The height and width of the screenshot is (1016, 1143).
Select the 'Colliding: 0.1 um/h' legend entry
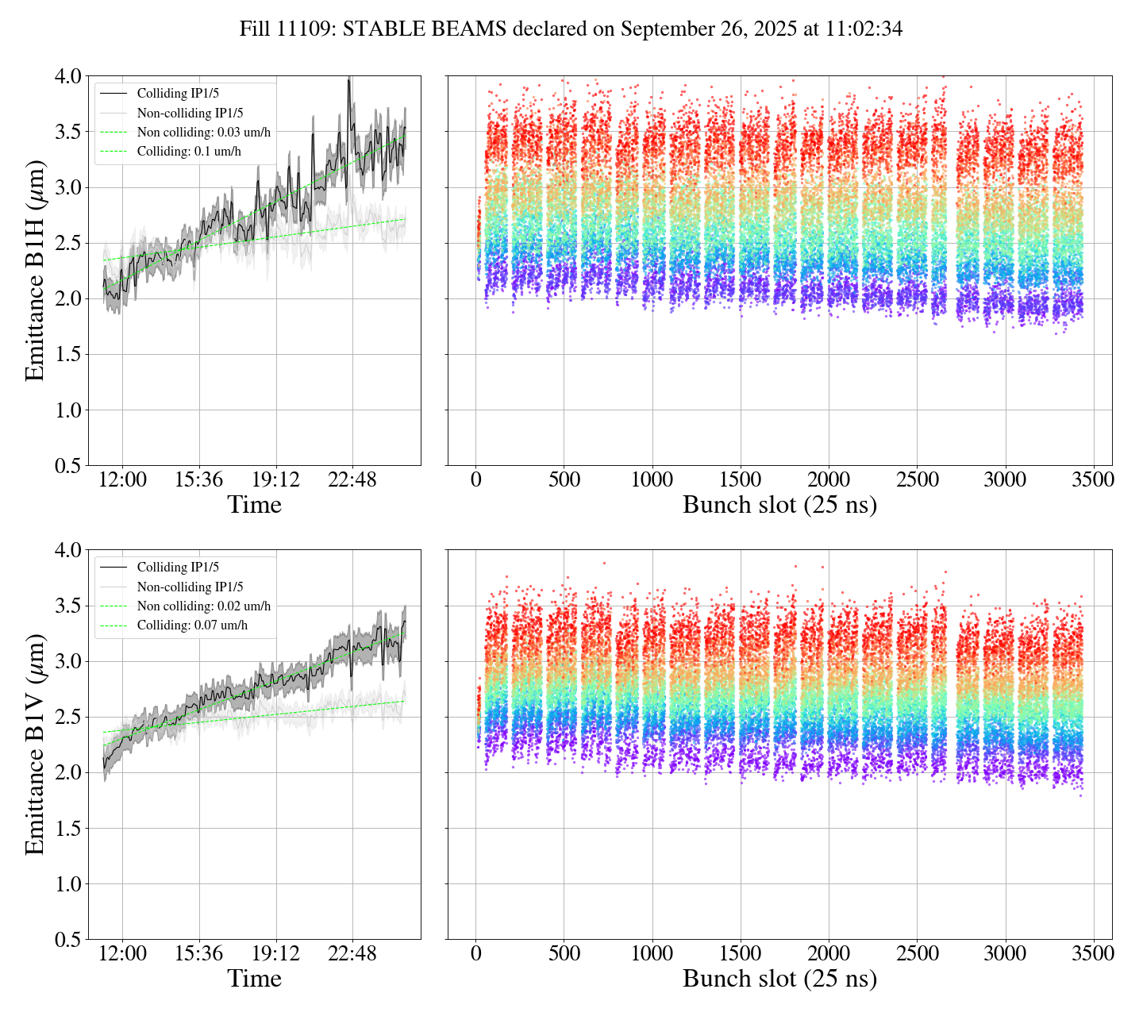189,151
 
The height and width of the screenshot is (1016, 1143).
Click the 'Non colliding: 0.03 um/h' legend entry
203,132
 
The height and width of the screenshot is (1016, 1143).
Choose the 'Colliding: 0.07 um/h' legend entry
192,625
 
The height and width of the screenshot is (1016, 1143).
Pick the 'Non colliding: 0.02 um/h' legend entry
203,606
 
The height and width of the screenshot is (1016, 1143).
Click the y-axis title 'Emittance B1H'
35,270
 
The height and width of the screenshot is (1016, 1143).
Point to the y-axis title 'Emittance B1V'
35,744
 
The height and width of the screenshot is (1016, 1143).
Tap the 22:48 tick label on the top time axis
352,480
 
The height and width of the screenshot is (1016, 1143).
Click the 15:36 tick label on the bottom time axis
199,953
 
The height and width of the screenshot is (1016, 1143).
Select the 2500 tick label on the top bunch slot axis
917,480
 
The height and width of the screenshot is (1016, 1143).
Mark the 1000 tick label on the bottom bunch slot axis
652,953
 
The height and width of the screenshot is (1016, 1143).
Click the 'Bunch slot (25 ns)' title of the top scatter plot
779,505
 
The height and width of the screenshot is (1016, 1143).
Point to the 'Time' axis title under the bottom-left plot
254,978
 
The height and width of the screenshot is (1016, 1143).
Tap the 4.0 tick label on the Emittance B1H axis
67,76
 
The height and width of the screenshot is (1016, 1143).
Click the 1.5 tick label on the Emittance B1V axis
67,829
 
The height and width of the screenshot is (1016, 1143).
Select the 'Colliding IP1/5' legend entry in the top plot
178,94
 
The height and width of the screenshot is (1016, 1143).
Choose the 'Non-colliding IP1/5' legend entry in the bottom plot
190,587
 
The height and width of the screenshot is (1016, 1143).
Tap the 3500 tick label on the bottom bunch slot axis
1093,953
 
